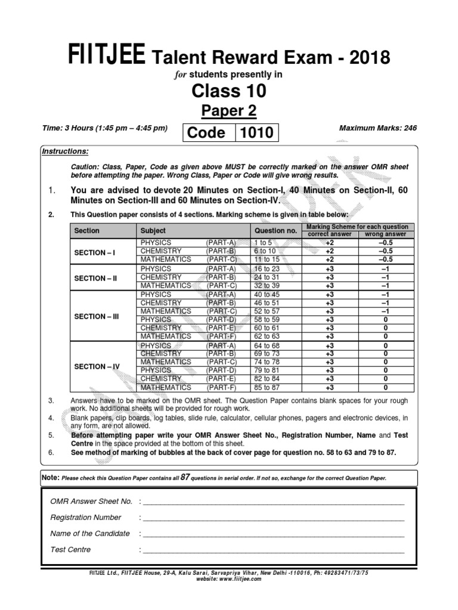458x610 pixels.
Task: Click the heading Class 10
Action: [228, 91]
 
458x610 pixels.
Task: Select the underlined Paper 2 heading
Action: [228, 111]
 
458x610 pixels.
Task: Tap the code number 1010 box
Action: [256, 132]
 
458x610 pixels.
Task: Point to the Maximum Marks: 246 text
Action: [377, 127]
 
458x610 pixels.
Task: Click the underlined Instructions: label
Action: [65, 151]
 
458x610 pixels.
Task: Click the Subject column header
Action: [153, 231]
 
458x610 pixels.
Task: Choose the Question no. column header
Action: [276, 231]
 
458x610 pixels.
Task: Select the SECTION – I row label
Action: [95, 252]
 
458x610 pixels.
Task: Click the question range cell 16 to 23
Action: [266, 269]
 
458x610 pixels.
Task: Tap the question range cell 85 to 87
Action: [266, 388]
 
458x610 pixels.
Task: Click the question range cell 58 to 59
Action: [266, 319]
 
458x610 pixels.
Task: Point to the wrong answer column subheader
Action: [385, 235]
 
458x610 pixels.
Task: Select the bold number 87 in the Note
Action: [185, 477]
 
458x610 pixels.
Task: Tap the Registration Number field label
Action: [86, 517]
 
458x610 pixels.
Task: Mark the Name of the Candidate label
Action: [90, 533]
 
